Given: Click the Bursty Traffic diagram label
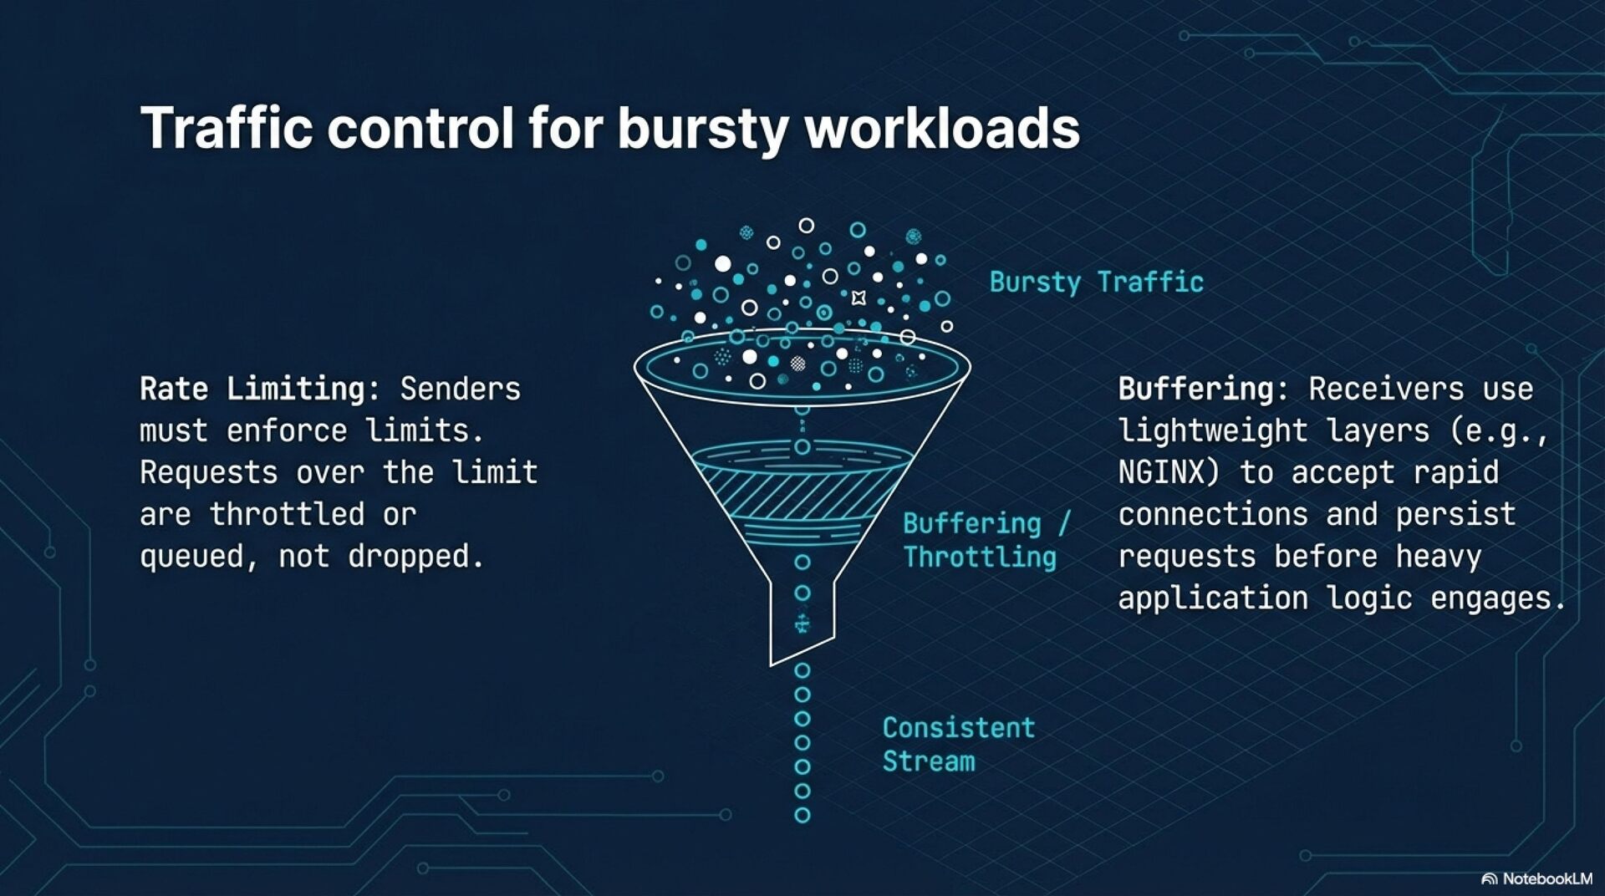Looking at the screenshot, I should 1096,283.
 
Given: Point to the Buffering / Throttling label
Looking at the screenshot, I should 985,540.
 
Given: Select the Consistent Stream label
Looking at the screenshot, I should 958,744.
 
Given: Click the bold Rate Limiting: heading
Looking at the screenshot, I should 260,389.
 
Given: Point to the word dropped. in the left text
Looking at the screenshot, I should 415,557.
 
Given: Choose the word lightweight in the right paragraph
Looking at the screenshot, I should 1212,431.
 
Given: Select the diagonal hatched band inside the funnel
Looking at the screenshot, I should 801,493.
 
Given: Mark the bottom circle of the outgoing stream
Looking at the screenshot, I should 802,815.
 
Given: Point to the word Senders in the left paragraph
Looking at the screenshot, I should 460,389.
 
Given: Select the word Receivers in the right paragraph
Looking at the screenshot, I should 1386,389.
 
